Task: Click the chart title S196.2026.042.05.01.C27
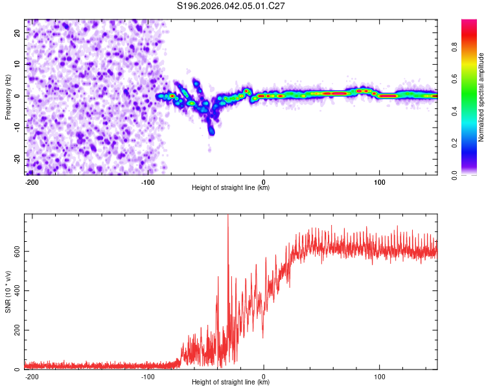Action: coord(231,6)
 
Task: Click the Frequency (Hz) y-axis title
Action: coord(8,97)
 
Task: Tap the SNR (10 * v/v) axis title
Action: coord(8,292)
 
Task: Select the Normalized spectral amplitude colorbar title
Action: coord(481,97)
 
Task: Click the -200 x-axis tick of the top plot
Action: coord(32,181)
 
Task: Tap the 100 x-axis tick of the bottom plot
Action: coord(379,375)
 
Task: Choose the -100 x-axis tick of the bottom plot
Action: coord(147,375)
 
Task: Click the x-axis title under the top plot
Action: coord(231,188)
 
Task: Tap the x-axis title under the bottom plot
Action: coord(231,383)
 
